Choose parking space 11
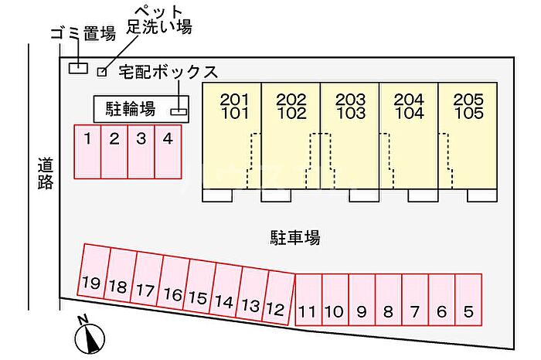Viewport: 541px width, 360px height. point(308,300)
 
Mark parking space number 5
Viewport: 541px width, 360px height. point(468,300)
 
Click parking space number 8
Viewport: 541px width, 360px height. point(388,300)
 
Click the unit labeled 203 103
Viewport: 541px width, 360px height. point(350,135)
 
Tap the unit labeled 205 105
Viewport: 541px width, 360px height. point(468,135)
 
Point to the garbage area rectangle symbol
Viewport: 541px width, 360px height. point(78,68)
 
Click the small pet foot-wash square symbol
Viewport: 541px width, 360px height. point(101,73)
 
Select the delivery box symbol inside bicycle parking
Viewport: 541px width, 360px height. point(179,111)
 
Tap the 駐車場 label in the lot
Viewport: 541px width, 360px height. point(294,237)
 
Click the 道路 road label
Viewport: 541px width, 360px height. point(45,174)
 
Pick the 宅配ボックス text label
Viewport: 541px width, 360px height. point(168,73)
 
